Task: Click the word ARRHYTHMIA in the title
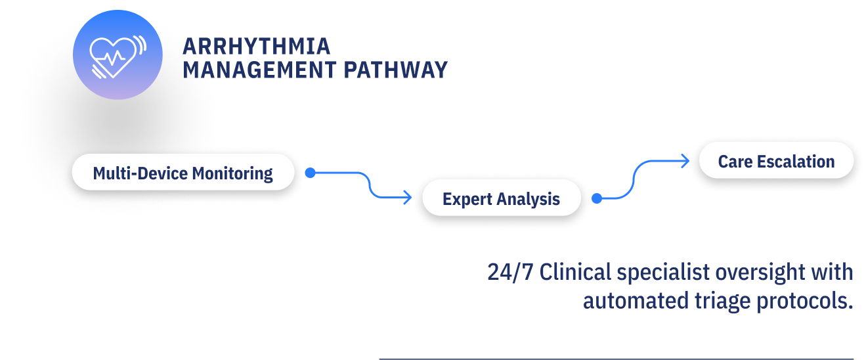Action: (x=256, y=47)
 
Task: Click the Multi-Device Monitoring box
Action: (x=183, y=173)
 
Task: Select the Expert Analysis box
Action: (x=501, y=198)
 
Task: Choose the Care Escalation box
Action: (x=776, y=161)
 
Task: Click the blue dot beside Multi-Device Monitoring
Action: (x=311, y=173)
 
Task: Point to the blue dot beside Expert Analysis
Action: (x=597, y=198)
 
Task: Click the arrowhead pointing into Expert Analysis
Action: (x=408, y=196)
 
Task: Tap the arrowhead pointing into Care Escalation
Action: (x=685, y=161)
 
